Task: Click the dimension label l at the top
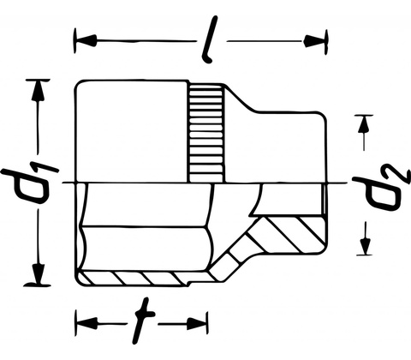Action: pos(211,39)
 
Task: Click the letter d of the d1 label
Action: pos(27,187)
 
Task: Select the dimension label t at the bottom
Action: pos(144,321)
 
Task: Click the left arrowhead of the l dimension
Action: pos(85,41)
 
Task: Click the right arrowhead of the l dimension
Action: pos(314,41)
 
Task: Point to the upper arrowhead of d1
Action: pos(38,91)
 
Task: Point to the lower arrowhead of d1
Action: pos(38,273)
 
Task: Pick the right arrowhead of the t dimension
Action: pos(197,324)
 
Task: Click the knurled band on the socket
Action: pos(205,133)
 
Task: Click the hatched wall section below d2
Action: pos(289,235)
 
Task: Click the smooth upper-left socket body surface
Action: pos(131,131)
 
